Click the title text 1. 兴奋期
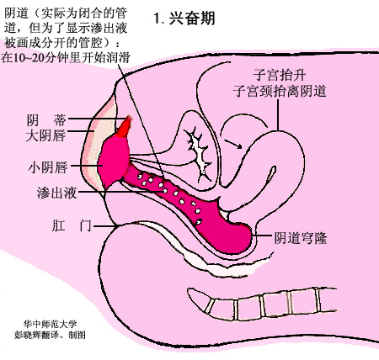[x=184, y=19]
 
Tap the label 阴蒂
[x=46, y=120]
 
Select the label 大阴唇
[x=45, y=135]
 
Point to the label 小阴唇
[x=48, y=167]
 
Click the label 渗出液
[x=56, y=193]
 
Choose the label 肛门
[x=72, y=225]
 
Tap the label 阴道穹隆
[x=301, y=238]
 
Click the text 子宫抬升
[x=280, y=75]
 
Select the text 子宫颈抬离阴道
[x=280, y=91]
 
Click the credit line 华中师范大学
[x=51, y=325]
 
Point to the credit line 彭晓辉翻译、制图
[x=51, y=335]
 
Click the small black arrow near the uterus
[x=232, y=143]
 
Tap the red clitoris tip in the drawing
[x=124, y=127]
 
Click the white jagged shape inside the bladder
[x=200, y=153]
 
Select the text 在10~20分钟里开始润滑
[x=66, y=57]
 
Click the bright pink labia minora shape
[x=114, y=160]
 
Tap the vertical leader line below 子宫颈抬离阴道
[x=278, y=115]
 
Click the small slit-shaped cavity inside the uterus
[x=272, y=174]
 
